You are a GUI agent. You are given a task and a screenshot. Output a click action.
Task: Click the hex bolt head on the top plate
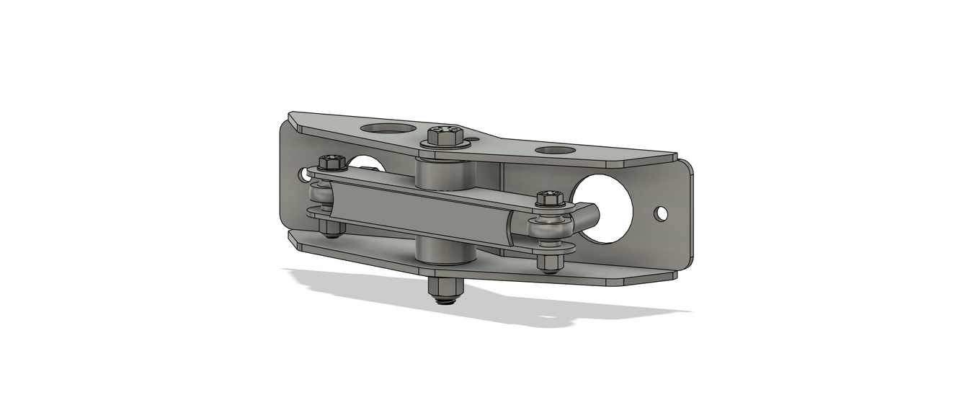[x=445, y=134]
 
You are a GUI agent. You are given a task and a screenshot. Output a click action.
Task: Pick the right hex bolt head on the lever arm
[x=550, y=197]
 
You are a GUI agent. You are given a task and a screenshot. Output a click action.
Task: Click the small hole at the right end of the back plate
[x=662, y=213]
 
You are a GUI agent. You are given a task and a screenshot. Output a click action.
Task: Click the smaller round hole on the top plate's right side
[x=556, y=151]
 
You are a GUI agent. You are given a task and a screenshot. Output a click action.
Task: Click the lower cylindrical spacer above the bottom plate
[x=444, y=251]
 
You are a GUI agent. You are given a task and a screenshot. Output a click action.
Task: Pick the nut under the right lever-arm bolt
[x=549, y=262]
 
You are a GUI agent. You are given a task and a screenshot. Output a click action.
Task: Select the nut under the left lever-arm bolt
[x=331, y=228]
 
